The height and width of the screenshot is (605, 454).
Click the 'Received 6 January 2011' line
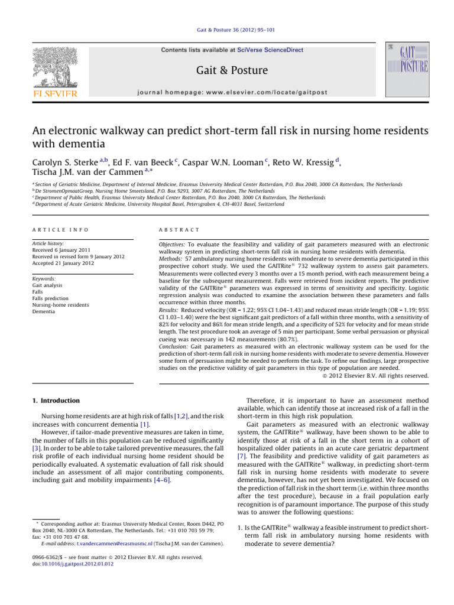66,250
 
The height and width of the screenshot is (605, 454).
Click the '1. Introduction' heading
55,401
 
